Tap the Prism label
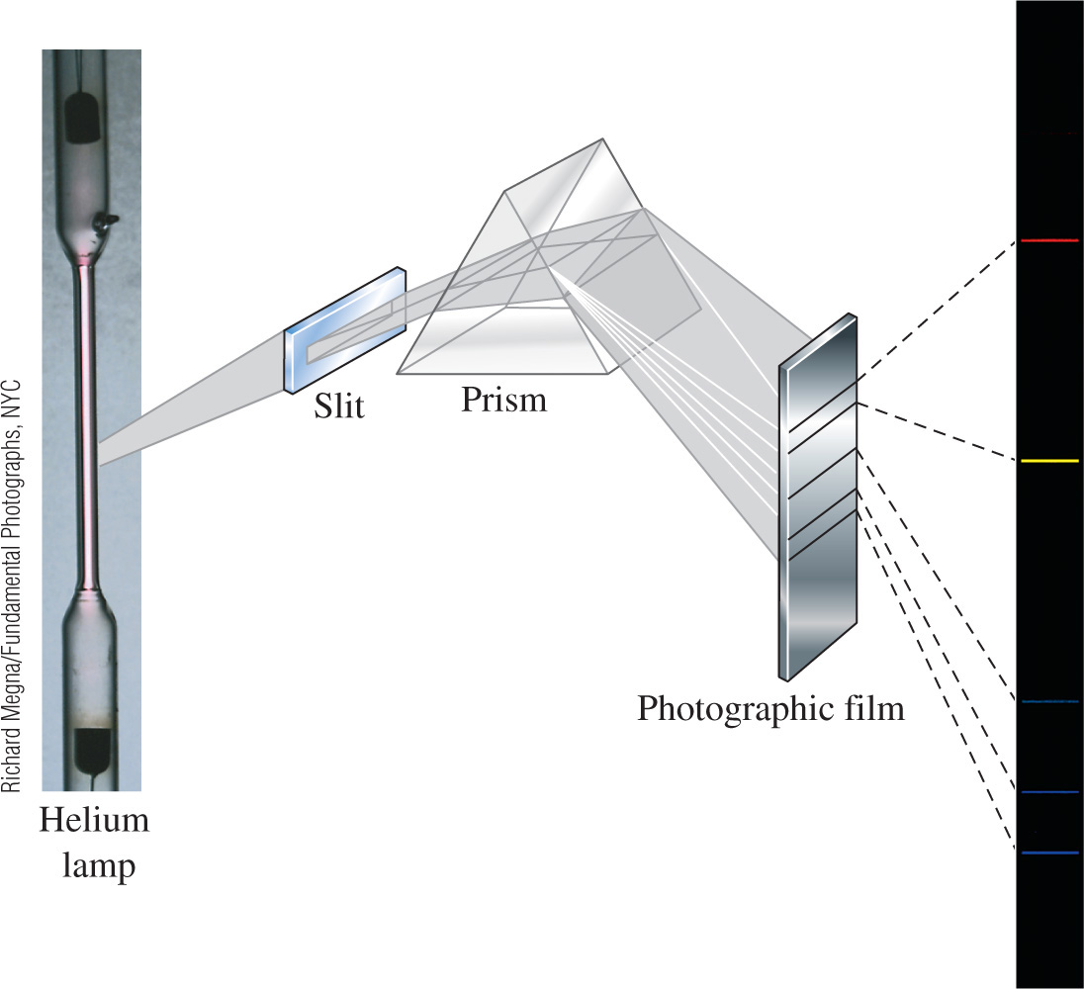click(503, 400)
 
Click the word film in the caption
click(867, 708)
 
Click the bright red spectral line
click(1048, 240)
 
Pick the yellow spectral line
click(1048, 461)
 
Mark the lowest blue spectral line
click(1048, 852)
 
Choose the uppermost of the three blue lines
click(1048, 701)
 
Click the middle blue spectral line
click(1048, 792)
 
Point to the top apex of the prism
click(599, 140)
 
